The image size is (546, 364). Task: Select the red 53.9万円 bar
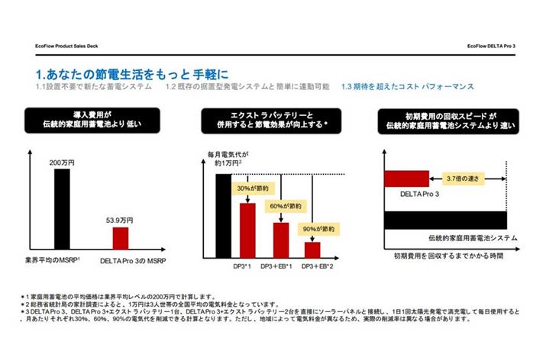(x=121, y=237)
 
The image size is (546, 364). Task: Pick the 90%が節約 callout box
(x=315, y=227)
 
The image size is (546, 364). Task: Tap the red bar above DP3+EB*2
(x=313, y=250)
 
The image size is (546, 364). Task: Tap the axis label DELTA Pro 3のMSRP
(x=132, y=260)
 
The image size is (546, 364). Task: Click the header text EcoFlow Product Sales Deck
(x=66, y=47)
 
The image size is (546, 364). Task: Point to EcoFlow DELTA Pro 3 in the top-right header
(x=492, y=47)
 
